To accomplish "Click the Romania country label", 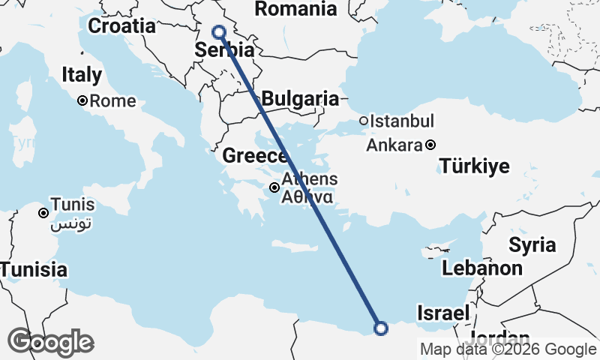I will (x=295, y=9).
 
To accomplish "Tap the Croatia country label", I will (x=121, y=26).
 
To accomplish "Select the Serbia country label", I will (x=224, y=50).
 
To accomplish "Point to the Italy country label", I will (x=82, y=75).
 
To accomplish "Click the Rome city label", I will (x=113, y=100).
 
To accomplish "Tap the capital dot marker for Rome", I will (x=82, y=100).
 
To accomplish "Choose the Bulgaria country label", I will (x=299, y=98).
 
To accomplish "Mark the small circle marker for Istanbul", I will (x=363, y=121).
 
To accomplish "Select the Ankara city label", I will (x=394, y=145).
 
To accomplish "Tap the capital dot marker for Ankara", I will (x=430, y=145).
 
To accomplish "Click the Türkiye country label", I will (x=475, y=166).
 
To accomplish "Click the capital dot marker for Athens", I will (x=275, y=187).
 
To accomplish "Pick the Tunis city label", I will (x=72, y=205).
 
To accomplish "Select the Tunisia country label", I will (x=34, y=270).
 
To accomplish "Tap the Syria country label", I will (x=532, y=244).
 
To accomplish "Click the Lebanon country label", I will (x=482, y=268).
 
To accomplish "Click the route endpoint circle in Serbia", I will (x=219, y=31).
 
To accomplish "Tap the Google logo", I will (x=50, y=342).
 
